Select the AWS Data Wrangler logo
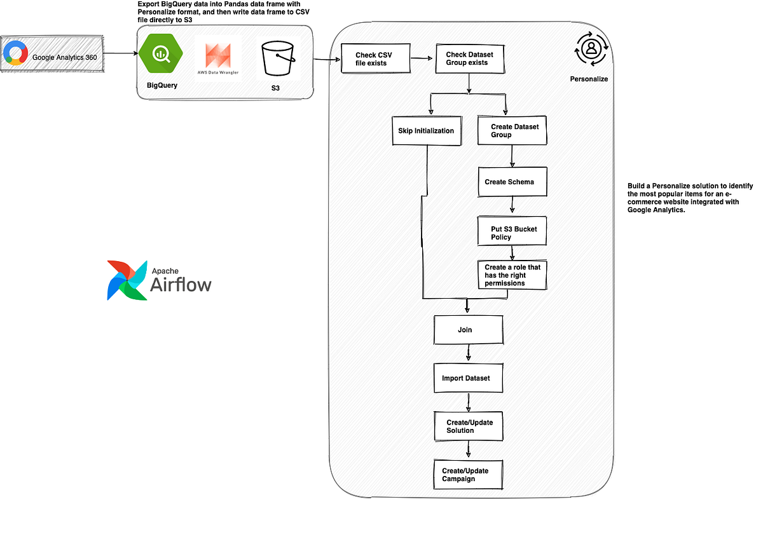(x=218, y=60)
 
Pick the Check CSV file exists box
(x=375, y=59)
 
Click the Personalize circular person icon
(x=591, y=49)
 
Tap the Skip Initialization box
(x=426, y=130)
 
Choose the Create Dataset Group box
(x=512, y=130)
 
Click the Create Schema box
(x=512, y=182)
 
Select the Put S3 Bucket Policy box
(x=512, y=233)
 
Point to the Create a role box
(x=512, y=275)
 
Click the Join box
(x=468, y=330)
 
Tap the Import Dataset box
(x=468, y=378)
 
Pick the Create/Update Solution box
(x=468, y=426)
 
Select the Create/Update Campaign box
(x=468, y=474)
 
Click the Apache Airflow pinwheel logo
(x=127, y=280)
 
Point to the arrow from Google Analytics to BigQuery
(x=120, y=54)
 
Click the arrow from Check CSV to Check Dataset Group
(x=422, y=59)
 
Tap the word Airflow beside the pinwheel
(x=181, y=285)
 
